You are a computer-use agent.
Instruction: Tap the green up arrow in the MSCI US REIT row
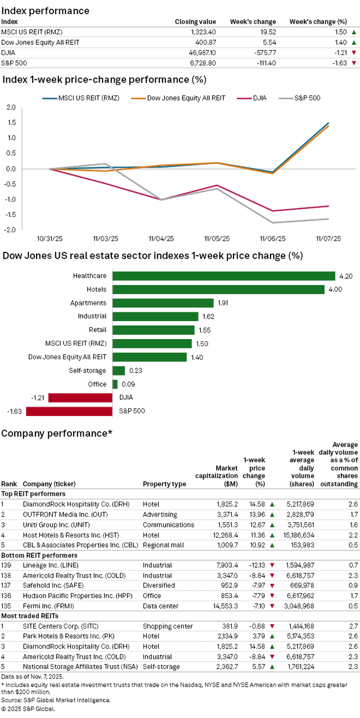[353, 32]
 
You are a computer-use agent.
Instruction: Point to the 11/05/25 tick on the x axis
[217, 238]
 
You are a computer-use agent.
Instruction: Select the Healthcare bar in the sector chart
[224, 276]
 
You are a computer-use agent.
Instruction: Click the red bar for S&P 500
[69, 411]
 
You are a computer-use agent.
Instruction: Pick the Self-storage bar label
[91, 371]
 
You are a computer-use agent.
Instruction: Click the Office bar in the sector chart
[115, 384]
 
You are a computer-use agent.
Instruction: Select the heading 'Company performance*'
[56, 433]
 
